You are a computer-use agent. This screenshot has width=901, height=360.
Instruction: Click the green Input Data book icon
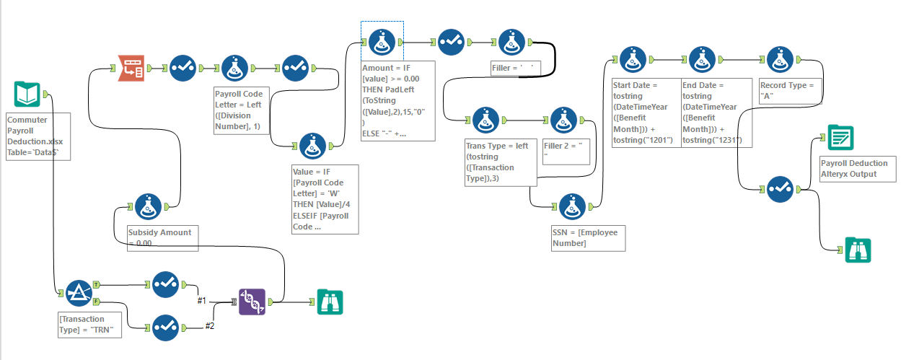[x=27, y=95]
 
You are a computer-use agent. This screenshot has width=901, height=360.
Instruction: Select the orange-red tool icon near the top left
[x=131, y=68]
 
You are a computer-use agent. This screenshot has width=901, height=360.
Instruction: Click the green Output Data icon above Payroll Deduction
[x=840, y=138]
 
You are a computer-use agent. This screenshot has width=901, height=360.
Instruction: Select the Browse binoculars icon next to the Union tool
[x=330, y=302]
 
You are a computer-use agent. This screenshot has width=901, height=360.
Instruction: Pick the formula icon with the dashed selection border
[x=382, y=43]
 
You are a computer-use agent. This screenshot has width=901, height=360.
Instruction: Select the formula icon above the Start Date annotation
[x=632, y=61]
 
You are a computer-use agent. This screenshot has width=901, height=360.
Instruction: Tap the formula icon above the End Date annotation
[x=703, y=61]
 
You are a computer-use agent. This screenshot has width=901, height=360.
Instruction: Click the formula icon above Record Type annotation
[x=781, y=61]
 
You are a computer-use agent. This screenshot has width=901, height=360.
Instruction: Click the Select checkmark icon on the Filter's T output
[x=165, y=284]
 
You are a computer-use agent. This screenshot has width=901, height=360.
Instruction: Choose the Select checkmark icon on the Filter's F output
[x=165, y=327]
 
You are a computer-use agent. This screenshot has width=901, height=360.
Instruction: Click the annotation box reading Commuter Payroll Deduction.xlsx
[x=38, y=136]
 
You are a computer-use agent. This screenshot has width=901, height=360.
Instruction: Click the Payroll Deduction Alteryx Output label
[x=857, y=169]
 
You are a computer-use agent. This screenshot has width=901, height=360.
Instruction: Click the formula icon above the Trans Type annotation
[x=485, y=120]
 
